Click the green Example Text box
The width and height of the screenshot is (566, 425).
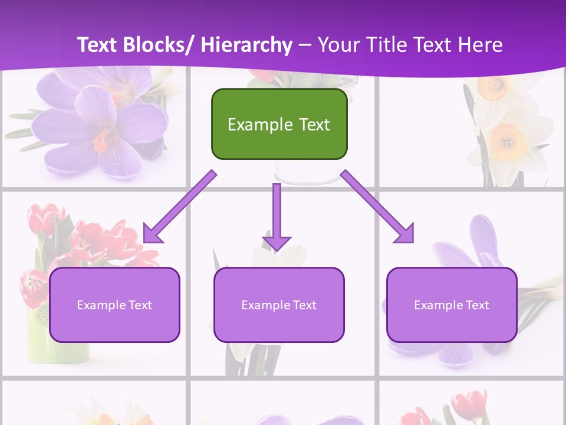click(279, 124)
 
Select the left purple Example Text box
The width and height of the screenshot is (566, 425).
click(114, 305)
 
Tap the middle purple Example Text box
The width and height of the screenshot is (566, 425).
click(279, 305)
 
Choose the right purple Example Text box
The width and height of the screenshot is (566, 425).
click(452, 305)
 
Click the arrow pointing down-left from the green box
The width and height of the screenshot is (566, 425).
click(180, 207)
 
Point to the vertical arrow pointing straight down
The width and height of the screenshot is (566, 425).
click(277, 215)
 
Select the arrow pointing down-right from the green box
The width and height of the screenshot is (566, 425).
click(377, 207)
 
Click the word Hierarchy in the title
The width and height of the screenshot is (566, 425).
click(246, 45)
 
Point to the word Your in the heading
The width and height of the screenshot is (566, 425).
click(337, 45)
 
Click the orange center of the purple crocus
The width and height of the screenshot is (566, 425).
click(101, 140)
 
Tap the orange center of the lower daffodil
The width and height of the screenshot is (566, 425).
click(506, 142)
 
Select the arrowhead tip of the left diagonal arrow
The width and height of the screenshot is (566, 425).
click(147, 239)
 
